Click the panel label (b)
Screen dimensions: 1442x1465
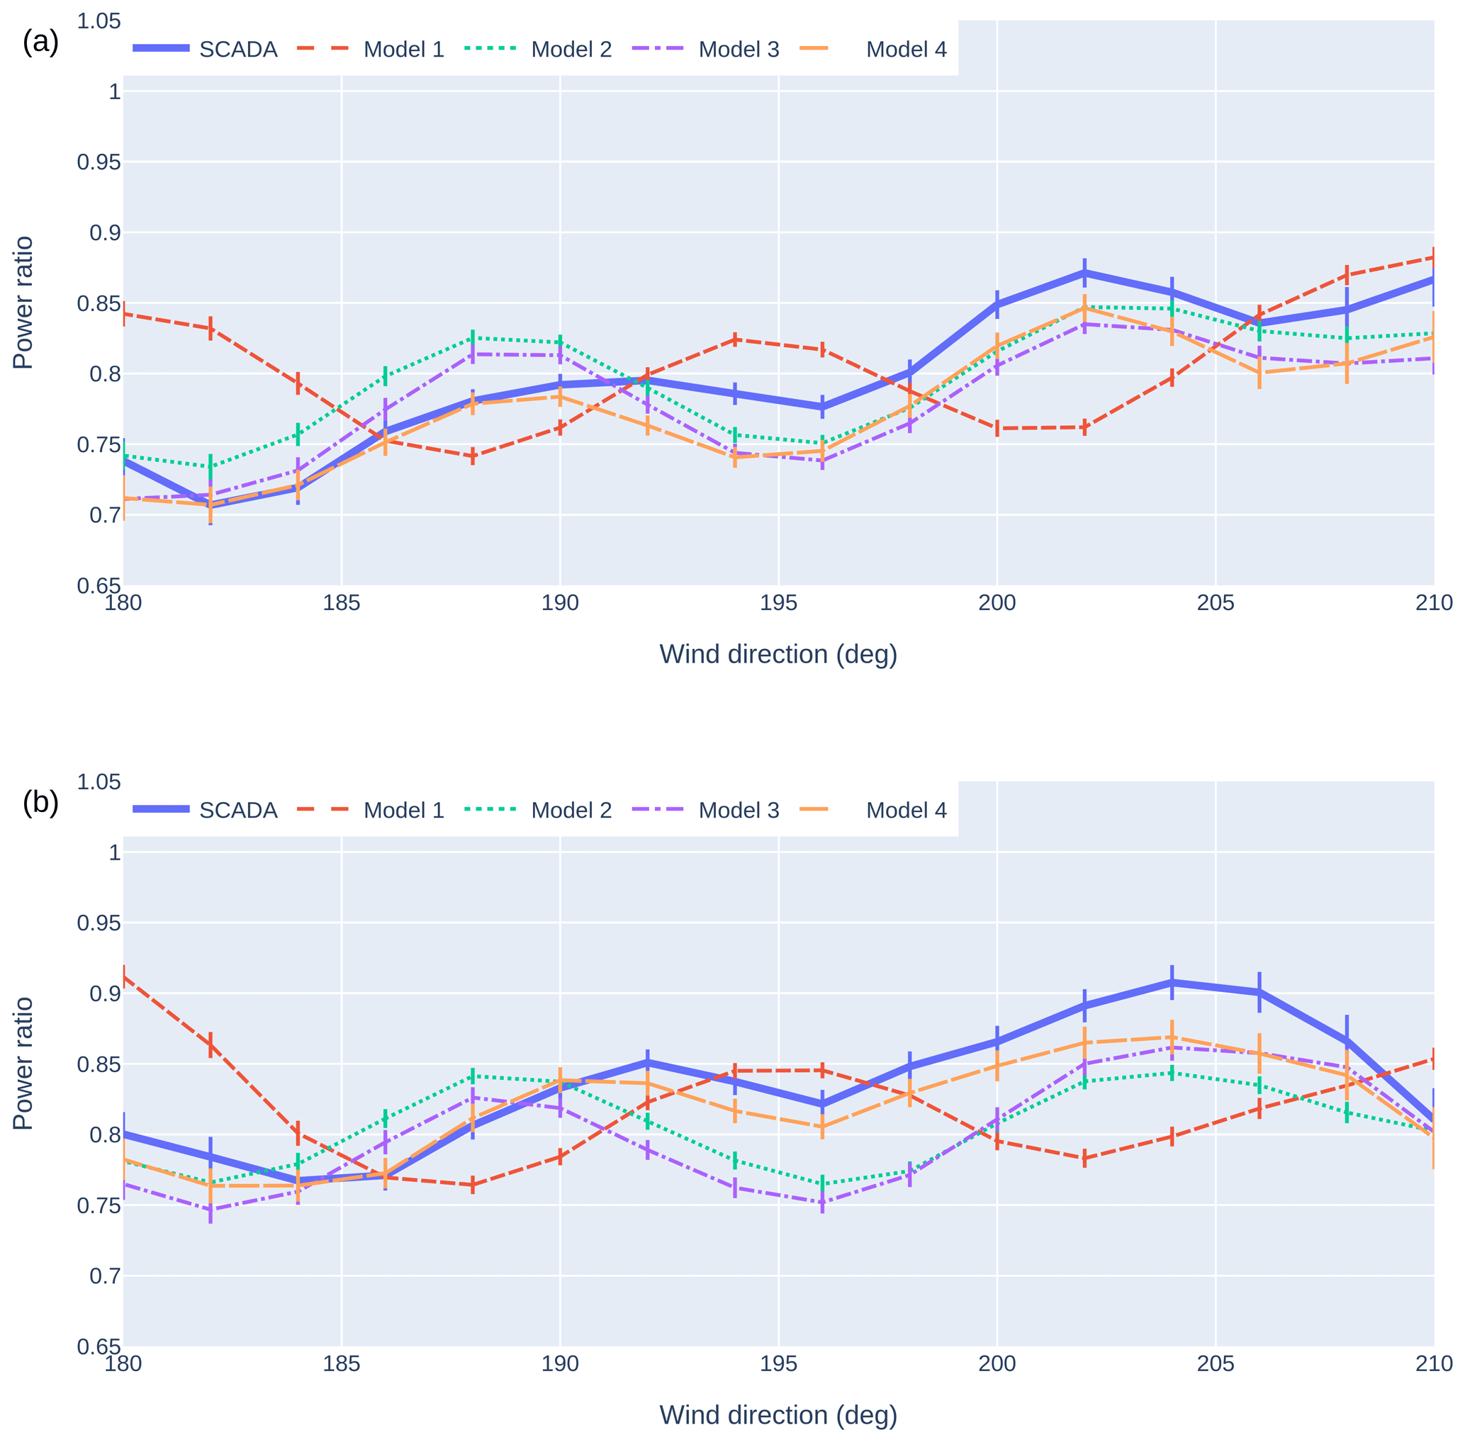click(40, 803)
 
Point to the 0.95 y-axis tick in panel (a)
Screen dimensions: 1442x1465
click(99, 162)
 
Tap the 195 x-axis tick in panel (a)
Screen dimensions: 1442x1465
click(778, 603)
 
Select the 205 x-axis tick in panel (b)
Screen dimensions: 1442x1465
click(1215, 1364)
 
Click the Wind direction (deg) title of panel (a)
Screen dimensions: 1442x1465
click(778, 653)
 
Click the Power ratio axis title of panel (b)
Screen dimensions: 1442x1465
click(23, 1064)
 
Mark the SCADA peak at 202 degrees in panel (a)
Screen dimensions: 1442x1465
click(1084, 273)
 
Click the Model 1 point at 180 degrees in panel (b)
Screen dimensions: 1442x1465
click(124, 977)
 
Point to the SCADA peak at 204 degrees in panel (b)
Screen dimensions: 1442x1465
click(1172, 982)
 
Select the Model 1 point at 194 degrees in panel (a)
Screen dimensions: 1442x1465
click(735, 339)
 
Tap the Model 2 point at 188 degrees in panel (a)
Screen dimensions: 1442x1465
click(473, 338)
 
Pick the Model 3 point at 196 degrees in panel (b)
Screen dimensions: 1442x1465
click(822, 1202)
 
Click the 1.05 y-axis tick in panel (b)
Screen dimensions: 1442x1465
click(99, 782)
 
